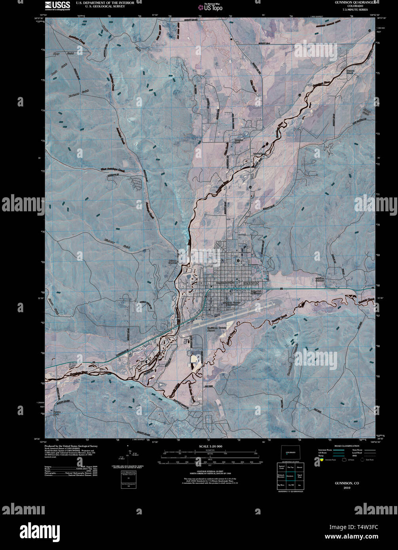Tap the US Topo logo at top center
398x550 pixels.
point(212,7)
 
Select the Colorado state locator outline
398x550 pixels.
point(290,452)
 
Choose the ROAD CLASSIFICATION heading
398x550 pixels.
point(347,446)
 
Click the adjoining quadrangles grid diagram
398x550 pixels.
point(290,477)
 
